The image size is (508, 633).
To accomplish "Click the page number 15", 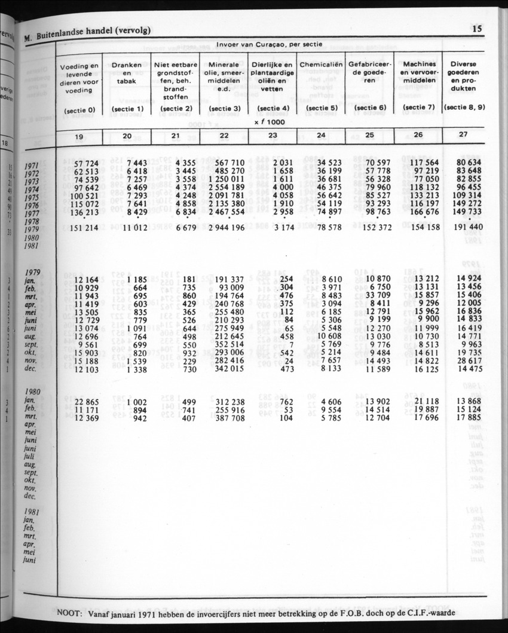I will pos(477,28).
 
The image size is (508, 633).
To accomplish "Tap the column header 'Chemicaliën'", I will pos(321,64).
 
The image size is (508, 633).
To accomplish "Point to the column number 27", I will pos(464,134).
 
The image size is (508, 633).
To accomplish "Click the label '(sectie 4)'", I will pos(273,109).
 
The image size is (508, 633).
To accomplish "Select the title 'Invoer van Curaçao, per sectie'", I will pos(270,44).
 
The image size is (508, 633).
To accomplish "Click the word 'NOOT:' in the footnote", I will pos(69,613).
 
